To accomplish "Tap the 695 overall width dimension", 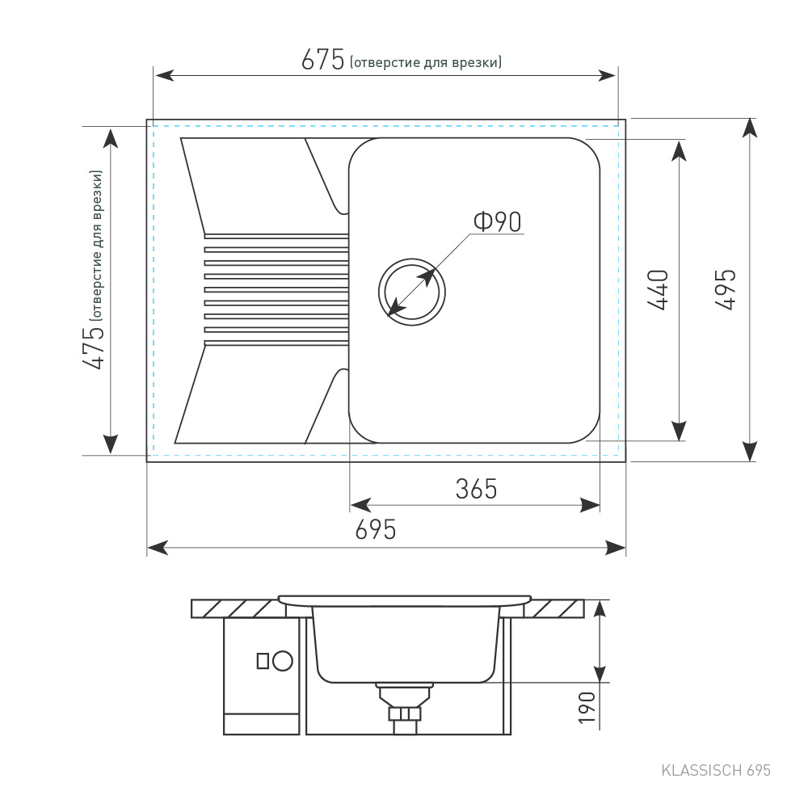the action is click(376, 530).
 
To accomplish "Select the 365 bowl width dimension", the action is click(476, 489).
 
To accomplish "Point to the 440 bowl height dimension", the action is click(658, 290).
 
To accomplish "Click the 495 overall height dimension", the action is click(726, 289).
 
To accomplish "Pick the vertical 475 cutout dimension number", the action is click(94, 347).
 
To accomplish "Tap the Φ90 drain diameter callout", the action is click(497, 221).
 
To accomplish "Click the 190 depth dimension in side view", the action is click(587, 708).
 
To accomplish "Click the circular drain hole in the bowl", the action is click(412, 292).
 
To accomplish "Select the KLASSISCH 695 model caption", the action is click(716, 770).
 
